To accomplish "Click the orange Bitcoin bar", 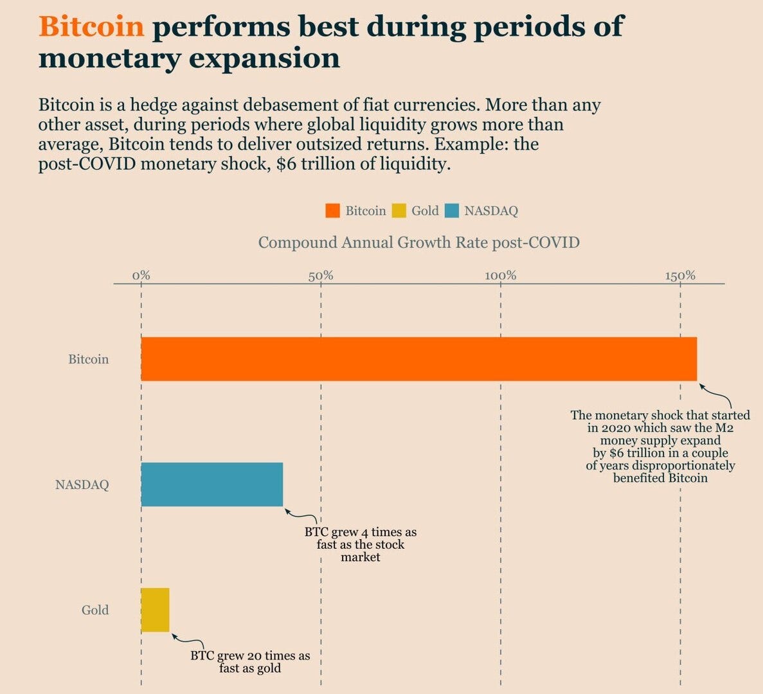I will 418,359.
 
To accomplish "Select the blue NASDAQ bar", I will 211,485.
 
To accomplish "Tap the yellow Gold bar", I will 155,610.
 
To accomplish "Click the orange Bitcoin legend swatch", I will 332,211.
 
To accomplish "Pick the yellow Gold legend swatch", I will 399,211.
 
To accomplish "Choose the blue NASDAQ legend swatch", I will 452,211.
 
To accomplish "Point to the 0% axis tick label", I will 141,276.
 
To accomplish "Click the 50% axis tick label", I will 321,276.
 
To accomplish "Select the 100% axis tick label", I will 501,276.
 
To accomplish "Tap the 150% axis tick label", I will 680,276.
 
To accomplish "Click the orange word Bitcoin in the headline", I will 91,27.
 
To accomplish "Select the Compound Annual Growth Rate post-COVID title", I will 418,243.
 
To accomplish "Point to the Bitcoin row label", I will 89,359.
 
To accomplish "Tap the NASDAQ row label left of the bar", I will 82,485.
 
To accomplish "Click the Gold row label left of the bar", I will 95,610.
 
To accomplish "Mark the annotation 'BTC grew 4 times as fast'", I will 360,544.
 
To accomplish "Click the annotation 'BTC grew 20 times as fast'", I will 250,662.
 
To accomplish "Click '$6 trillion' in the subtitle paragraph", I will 315,164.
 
